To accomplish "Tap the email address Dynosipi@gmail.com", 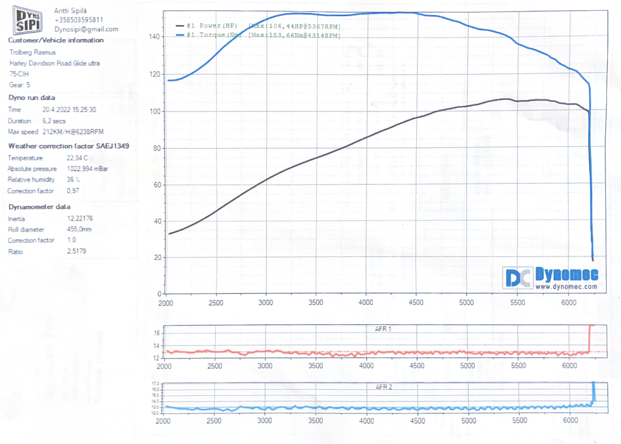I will coord(86,29).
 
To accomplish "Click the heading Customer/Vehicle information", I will coord(56,40).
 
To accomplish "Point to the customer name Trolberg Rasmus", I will coord(32,53).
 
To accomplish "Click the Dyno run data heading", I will coord(32,97).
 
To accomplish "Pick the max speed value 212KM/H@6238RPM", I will coord(73,132).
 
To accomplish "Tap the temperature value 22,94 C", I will coord(77,158).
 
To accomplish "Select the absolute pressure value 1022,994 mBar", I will coord(87,169).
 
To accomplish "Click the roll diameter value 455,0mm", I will coord(79,229).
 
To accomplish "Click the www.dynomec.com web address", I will coord(566,286).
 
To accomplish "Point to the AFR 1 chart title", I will coord(383,329).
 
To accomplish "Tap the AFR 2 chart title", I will coord(384,387).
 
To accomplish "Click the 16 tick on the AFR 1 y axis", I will coord(157,333).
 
